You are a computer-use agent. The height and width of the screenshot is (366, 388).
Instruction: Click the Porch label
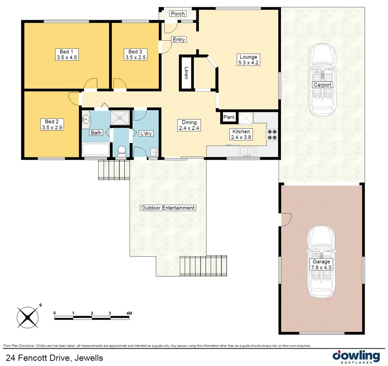[178, 14]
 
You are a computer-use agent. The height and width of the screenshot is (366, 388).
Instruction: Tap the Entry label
[179, 40]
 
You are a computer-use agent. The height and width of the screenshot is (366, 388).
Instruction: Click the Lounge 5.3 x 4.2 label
[248, 60]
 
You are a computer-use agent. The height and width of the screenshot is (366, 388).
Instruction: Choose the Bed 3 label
[135, 55]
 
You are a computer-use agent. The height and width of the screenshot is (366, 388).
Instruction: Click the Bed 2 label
[52, 125]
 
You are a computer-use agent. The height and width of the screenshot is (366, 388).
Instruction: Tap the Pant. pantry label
[229, 117]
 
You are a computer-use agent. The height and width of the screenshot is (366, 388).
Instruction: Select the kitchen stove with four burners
[272, 135]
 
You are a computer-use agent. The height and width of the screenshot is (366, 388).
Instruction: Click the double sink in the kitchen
[248, 151]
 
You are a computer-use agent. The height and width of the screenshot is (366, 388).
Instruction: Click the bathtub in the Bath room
[96, 150]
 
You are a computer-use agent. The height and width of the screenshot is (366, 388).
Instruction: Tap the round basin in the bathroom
[86, 119]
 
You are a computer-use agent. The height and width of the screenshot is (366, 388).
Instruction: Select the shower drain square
[120, 118]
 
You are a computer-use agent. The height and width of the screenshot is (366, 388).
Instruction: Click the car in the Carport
[322, 80]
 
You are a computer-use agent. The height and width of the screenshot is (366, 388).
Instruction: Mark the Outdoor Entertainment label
[168, 208]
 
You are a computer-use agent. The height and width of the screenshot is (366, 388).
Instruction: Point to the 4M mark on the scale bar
[129, 313]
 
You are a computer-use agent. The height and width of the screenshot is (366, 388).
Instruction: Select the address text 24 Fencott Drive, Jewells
[55, 358]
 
